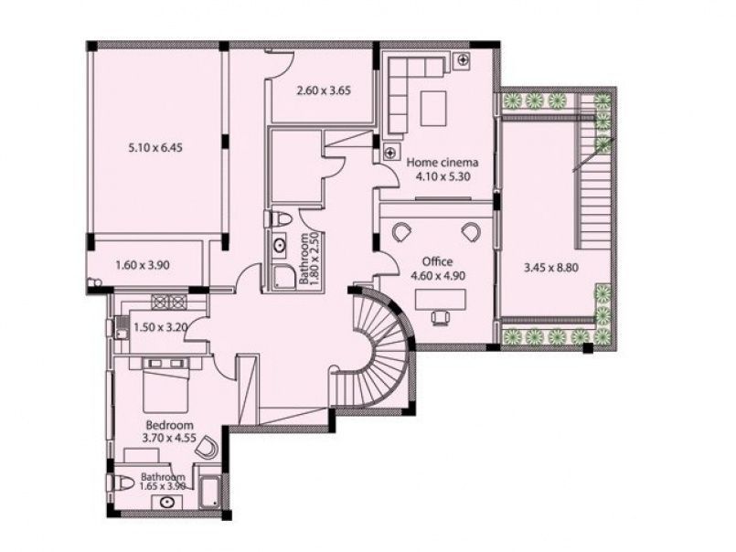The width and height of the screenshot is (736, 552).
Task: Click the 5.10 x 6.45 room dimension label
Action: point(155,148)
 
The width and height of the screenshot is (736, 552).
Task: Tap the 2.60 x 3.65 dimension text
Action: point(324,90)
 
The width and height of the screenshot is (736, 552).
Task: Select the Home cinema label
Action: point(443,163)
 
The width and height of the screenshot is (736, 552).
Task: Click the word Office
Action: point(437,261)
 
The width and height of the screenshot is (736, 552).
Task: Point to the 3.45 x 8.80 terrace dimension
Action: point(550,268)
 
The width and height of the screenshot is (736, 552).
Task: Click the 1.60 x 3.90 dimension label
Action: point(143,265)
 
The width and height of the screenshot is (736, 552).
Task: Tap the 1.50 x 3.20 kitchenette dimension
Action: point(161,326)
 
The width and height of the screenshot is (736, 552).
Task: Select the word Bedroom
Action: point(169,425)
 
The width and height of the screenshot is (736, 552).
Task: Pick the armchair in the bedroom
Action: point(207,447)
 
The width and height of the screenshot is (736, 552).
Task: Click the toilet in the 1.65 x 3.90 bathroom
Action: point(122,483)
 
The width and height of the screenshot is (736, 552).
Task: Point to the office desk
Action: point(441,299)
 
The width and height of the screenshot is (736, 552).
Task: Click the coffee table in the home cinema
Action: point(433,109)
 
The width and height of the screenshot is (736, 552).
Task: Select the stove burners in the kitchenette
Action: point(168,302)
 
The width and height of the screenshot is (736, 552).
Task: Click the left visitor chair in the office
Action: point(401,231)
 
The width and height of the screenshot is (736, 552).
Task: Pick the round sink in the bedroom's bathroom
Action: point(166,503)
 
